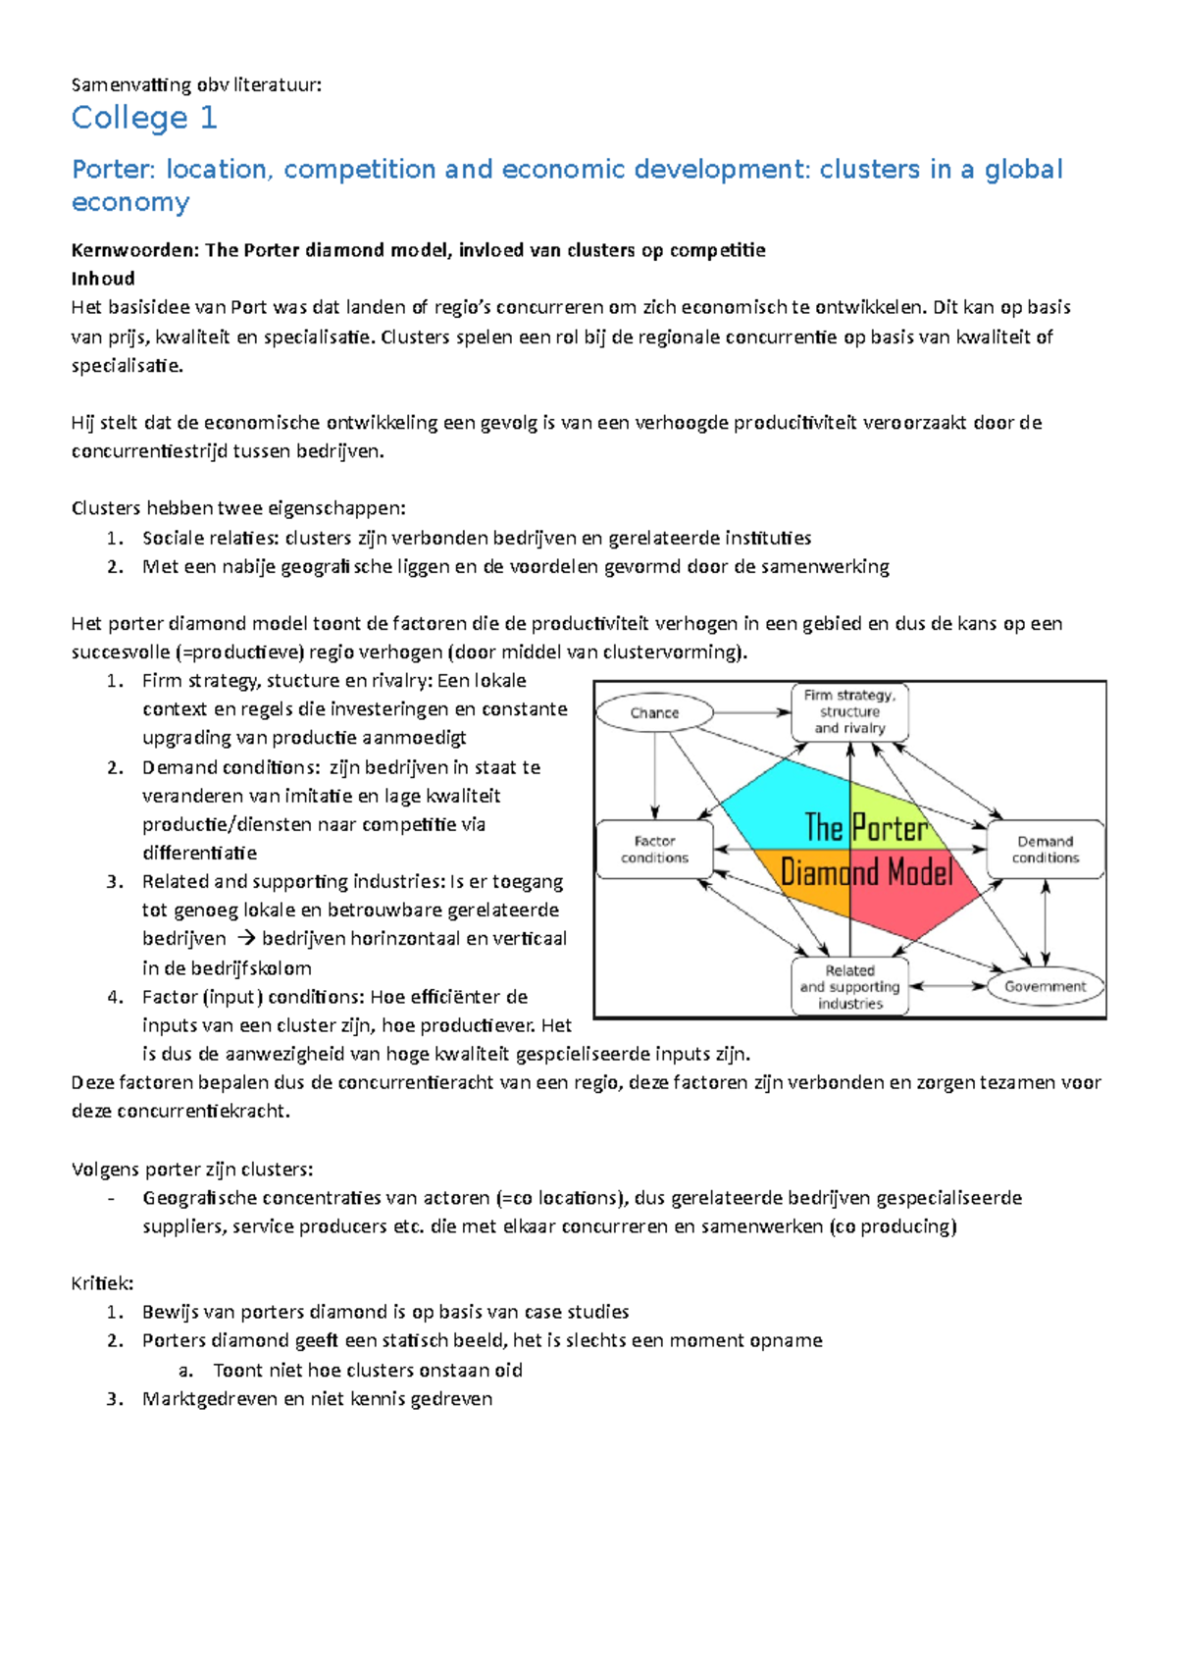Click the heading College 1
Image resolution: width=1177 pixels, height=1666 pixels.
(x=144, y=118)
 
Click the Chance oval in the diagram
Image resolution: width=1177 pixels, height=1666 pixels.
(x=654, y=712)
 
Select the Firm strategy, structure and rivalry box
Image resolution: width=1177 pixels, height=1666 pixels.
(x=849, y=711)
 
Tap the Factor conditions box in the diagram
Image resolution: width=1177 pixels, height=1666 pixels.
(x=654, y=849)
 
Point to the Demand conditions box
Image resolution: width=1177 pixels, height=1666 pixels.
(x=1045, y=849)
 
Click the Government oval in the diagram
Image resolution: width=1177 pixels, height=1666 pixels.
(x=1045, y=986)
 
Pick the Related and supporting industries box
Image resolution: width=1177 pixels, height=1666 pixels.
(x=849, y=986)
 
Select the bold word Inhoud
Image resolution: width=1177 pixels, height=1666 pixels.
(x=103, y=279)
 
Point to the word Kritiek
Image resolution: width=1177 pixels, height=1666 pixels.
(x=102, y=1283)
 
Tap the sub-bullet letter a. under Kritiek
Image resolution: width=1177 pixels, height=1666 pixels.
(x=185, y=1370)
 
